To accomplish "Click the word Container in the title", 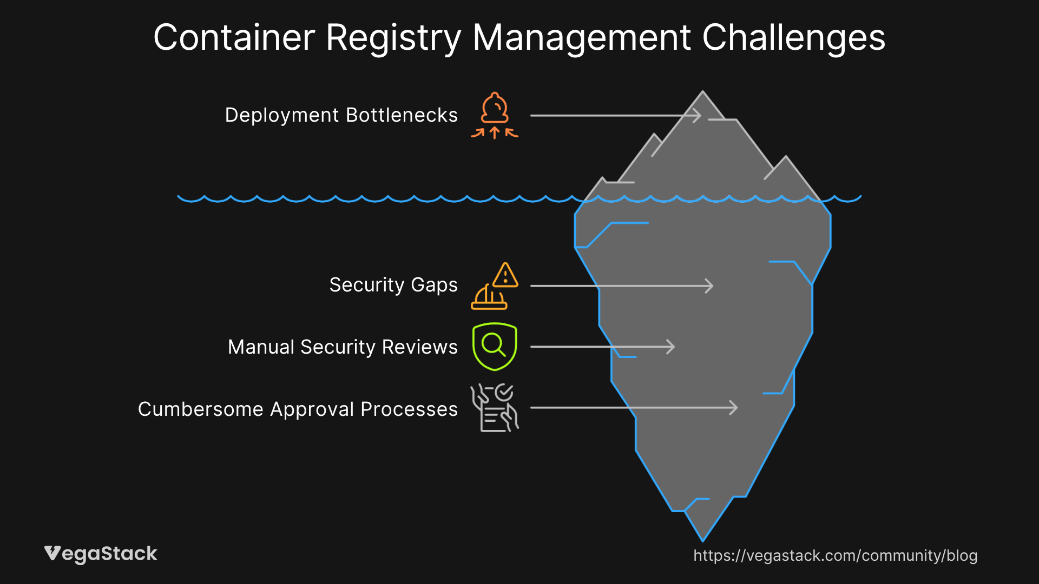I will (x=234, y=38).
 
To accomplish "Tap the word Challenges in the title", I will (x=793, y=38).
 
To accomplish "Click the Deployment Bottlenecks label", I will (x=341, y=115).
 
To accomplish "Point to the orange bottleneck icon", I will (x=495, y=115).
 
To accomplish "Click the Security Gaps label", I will (x=393, y=285).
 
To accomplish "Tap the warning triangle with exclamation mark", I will (x=506, y=276).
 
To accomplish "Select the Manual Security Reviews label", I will (x=343, y=347).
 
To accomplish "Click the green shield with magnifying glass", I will (x=495, y=347).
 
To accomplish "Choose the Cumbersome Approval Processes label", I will (x=298, y=409).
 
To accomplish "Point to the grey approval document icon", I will (x=495, y=408).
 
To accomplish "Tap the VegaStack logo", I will (x=101, y=554).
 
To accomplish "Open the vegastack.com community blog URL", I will (x=835, y=555).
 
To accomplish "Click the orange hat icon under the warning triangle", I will (x=489, y=298).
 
